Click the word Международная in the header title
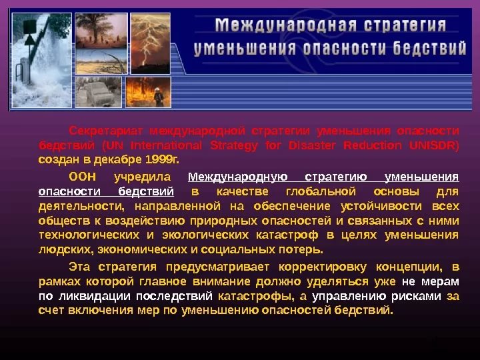286,25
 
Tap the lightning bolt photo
151,43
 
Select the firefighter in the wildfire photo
158,97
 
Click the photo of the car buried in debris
98,92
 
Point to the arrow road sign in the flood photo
29,40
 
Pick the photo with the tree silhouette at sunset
101,31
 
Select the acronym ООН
83,177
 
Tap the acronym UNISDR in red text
434,145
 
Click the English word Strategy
234,146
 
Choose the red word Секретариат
105,131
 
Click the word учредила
143,177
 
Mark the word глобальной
321,191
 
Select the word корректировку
323,267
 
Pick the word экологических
205,235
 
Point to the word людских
65,250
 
